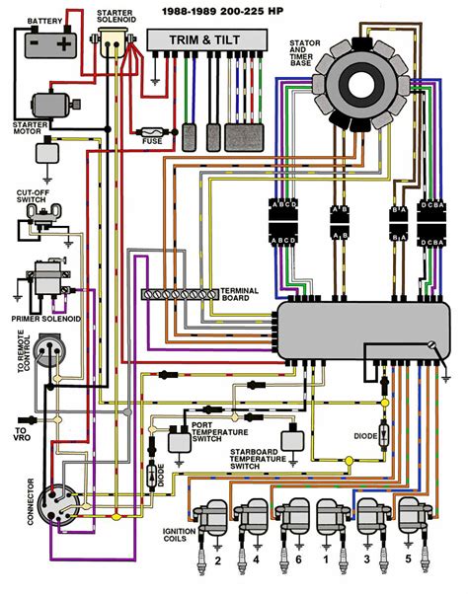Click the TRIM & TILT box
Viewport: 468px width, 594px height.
[207, 38]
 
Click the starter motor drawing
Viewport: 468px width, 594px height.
[49, 106]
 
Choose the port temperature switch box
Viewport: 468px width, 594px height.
[180, 440]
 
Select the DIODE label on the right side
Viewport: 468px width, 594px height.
[366, 434]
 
